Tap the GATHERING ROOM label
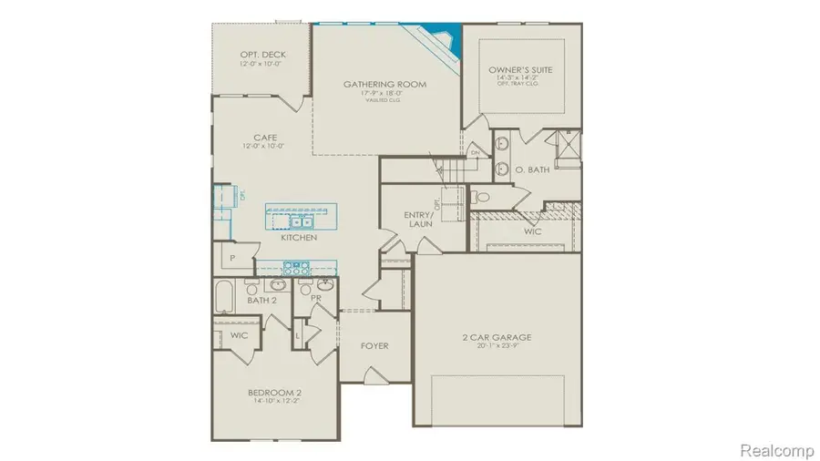(x=384, y=85)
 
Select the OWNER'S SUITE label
(x=519, y=70)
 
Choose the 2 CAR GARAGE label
(x=497, y=337)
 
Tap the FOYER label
(x=374, y=346)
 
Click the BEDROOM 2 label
(x=275, y=393)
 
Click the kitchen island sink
(x=301, y=220)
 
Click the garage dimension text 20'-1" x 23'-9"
(x=497, y=347)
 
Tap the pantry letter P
(x=233, y=259)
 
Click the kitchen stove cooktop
(x=297, y=267)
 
